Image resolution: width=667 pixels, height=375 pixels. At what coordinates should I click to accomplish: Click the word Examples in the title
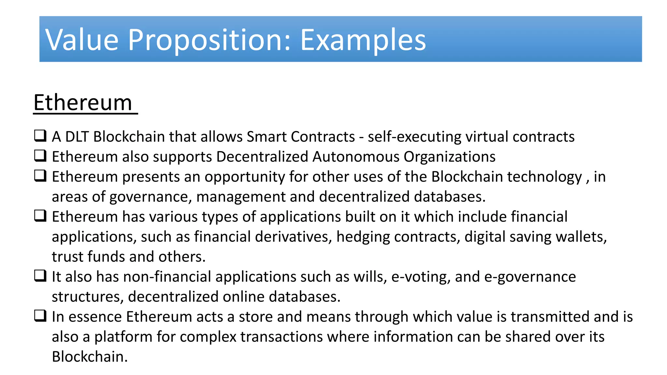click(363, 40)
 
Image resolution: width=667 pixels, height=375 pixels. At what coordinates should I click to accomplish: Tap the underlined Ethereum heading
click(83, 103)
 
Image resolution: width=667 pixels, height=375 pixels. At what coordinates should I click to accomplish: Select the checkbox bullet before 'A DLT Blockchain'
click(40, 135)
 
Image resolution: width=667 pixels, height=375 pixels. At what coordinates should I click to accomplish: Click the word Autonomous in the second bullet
click(356, 157)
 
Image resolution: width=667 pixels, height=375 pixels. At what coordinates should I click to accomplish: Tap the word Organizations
click(449, 157)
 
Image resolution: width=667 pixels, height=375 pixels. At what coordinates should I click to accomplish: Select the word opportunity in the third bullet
click(245, 177)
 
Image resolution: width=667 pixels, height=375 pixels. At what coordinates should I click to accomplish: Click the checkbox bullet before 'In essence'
click(40, 316)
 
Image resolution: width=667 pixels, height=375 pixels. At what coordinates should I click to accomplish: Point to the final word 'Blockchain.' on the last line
click(90, 357)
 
